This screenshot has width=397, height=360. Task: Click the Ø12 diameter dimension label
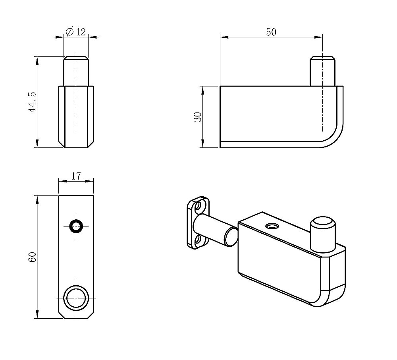coord(76,32)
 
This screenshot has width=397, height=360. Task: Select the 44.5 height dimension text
coord(33,102)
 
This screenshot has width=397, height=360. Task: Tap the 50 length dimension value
coord(271,32)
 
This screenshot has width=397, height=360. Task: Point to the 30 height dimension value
coord(198,117)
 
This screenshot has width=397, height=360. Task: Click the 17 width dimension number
coord(76,176)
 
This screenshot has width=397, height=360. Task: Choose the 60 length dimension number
coord(33,257)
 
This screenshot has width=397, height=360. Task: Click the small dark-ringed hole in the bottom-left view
coord(76,226)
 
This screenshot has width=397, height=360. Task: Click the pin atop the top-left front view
coord(76,71)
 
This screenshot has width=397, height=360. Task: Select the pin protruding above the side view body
coord(322,71)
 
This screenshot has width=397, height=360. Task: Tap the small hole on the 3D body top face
coord(272,225)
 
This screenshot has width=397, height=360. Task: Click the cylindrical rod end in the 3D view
coord(231,237)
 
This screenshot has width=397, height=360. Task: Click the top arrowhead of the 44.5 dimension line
coord(37,60)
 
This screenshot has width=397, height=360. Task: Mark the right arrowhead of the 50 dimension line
coord(318,37)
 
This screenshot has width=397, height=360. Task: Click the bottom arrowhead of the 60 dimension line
coord(37,314)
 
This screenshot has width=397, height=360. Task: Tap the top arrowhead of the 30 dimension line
coord(202,90)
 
